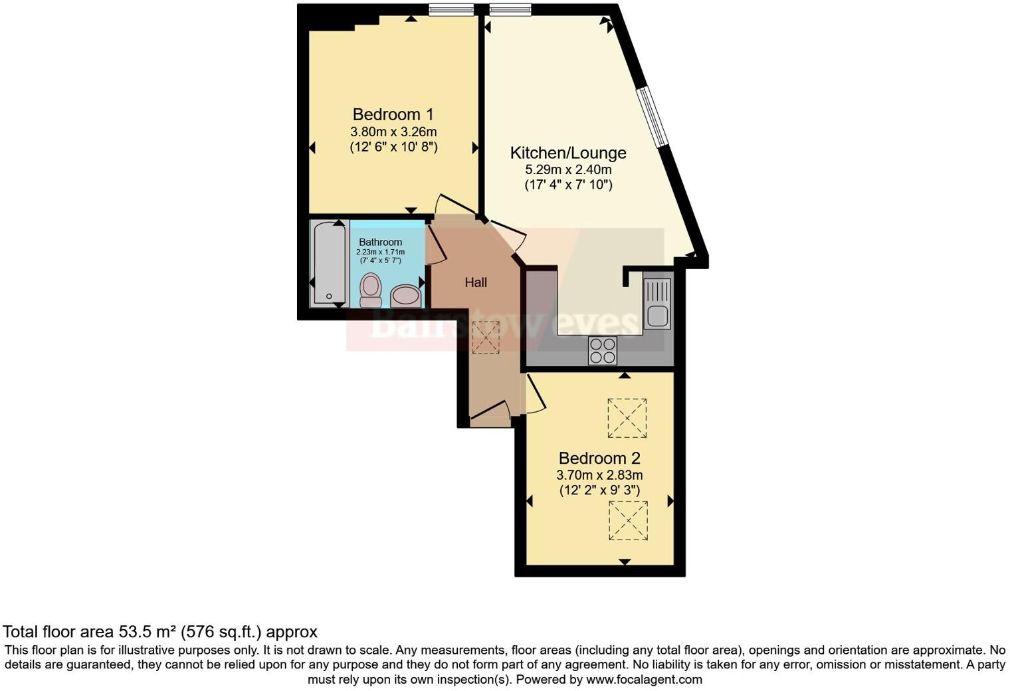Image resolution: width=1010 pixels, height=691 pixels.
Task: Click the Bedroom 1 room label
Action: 393,114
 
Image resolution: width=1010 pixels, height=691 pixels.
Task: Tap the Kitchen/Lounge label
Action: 567,153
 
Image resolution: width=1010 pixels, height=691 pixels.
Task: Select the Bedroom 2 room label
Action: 599,458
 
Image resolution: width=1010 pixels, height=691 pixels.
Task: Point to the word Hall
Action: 476,282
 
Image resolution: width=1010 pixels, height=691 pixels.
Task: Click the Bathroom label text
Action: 381,242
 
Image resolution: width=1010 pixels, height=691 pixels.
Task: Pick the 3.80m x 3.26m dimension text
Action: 393,132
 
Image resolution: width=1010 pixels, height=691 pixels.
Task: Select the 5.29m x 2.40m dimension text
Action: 568,169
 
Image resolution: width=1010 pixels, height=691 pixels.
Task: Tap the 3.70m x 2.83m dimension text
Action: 599,475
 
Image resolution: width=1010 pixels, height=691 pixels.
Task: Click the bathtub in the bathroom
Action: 329,264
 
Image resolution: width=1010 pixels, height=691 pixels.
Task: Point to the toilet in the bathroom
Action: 370,291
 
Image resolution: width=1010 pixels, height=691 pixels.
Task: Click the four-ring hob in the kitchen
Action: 603,350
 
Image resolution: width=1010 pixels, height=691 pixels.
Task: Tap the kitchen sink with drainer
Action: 657,304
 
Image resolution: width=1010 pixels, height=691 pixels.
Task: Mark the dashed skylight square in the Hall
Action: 485,338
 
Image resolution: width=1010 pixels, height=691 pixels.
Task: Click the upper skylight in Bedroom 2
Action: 627,418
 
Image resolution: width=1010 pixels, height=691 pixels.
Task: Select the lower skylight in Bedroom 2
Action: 628,521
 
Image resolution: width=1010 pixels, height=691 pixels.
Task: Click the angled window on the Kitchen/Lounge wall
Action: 652,116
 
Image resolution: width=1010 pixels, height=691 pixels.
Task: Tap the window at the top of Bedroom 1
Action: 451,9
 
